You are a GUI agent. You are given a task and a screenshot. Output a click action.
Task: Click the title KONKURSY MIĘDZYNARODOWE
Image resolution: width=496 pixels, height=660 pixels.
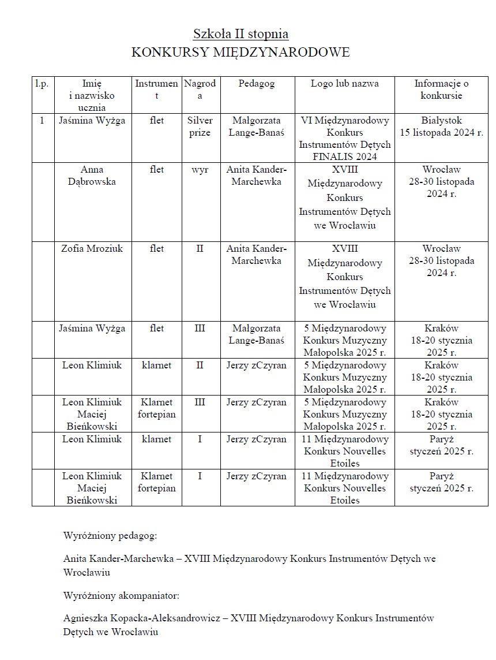click(241, 53)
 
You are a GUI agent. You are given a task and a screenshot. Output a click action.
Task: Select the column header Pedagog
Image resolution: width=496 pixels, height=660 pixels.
click(257, 84)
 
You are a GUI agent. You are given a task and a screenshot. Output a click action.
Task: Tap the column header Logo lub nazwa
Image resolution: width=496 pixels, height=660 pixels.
click(344, 84)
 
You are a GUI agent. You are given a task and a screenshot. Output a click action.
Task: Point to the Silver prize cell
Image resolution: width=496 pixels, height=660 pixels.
click(200, 126)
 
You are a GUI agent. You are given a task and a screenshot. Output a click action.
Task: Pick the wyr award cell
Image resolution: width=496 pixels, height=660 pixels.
click(200, 170)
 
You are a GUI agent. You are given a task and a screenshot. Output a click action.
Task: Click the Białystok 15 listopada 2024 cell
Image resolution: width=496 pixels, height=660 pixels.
click(441, 126)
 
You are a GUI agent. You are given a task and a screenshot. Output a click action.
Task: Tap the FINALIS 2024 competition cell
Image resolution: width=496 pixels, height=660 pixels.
click(344, 139)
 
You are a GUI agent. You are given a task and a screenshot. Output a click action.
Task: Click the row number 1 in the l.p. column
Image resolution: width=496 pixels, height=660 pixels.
click(42, 121)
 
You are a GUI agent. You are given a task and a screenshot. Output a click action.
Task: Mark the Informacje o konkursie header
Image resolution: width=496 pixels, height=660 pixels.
click(441, 90)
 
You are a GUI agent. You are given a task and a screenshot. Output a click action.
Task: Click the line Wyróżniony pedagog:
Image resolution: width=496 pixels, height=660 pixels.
click(110, 535)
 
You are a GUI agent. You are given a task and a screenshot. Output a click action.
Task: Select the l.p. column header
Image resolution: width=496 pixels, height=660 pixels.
click(42, 84)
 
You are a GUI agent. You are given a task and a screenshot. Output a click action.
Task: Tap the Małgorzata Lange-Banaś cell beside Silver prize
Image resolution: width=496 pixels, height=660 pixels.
click(257, 126)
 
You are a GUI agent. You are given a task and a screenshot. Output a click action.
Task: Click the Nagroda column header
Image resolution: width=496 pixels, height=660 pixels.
click(200, 90)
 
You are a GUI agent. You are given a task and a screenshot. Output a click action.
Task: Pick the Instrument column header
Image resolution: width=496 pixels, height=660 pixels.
click(156, 90)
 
